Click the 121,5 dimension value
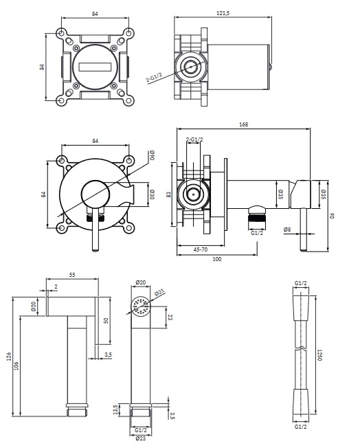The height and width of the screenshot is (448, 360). [x=223, y=13]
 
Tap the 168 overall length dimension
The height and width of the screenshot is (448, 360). [x=243, y=124]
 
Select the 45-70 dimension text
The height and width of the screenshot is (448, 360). [x=201, y=249]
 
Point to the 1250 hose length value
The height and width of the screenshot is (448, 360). [x=319, y=355]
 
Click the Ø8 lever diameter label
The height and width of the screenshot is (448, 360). [x=287, y=229]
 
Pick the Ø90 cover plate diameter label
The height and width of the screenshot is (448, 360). [x=153, y=155]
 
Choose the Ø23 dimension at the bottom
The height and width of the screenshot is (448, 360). [x=141, y=438]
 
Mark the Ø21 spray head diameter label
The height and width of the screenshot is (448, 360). [x=159, y=293]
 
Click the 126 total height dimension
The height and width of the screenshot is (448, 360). [x=9, y=357]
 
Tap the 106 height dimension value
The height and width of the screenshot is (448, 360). [x=16, y=366]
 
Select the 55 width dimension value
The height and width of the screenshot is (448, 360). [x=72, y=275]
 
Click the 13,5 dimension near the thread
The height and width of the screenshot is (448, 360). [x=115, y=410]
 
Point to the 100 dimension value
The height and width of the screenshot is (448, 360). [x=217, y=259]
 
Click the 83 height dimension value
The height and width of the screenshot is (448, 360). [x=168, y=194]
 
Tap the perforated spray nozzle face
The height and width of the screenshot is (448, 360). [x=141, y=306]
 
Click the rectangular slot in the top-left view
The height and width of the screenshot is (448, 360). [x=95, y=67]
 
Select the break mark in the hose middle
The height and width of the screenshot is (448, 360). [x=301, y=348]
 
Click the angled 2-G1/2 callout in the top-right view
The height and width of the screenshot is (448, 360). [x=154, y=78]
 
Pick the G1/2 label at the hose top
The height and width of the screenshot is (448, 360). [x=300, y=283]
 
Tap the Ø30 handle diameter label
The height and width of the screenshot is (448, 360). [x=153, y=194]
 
